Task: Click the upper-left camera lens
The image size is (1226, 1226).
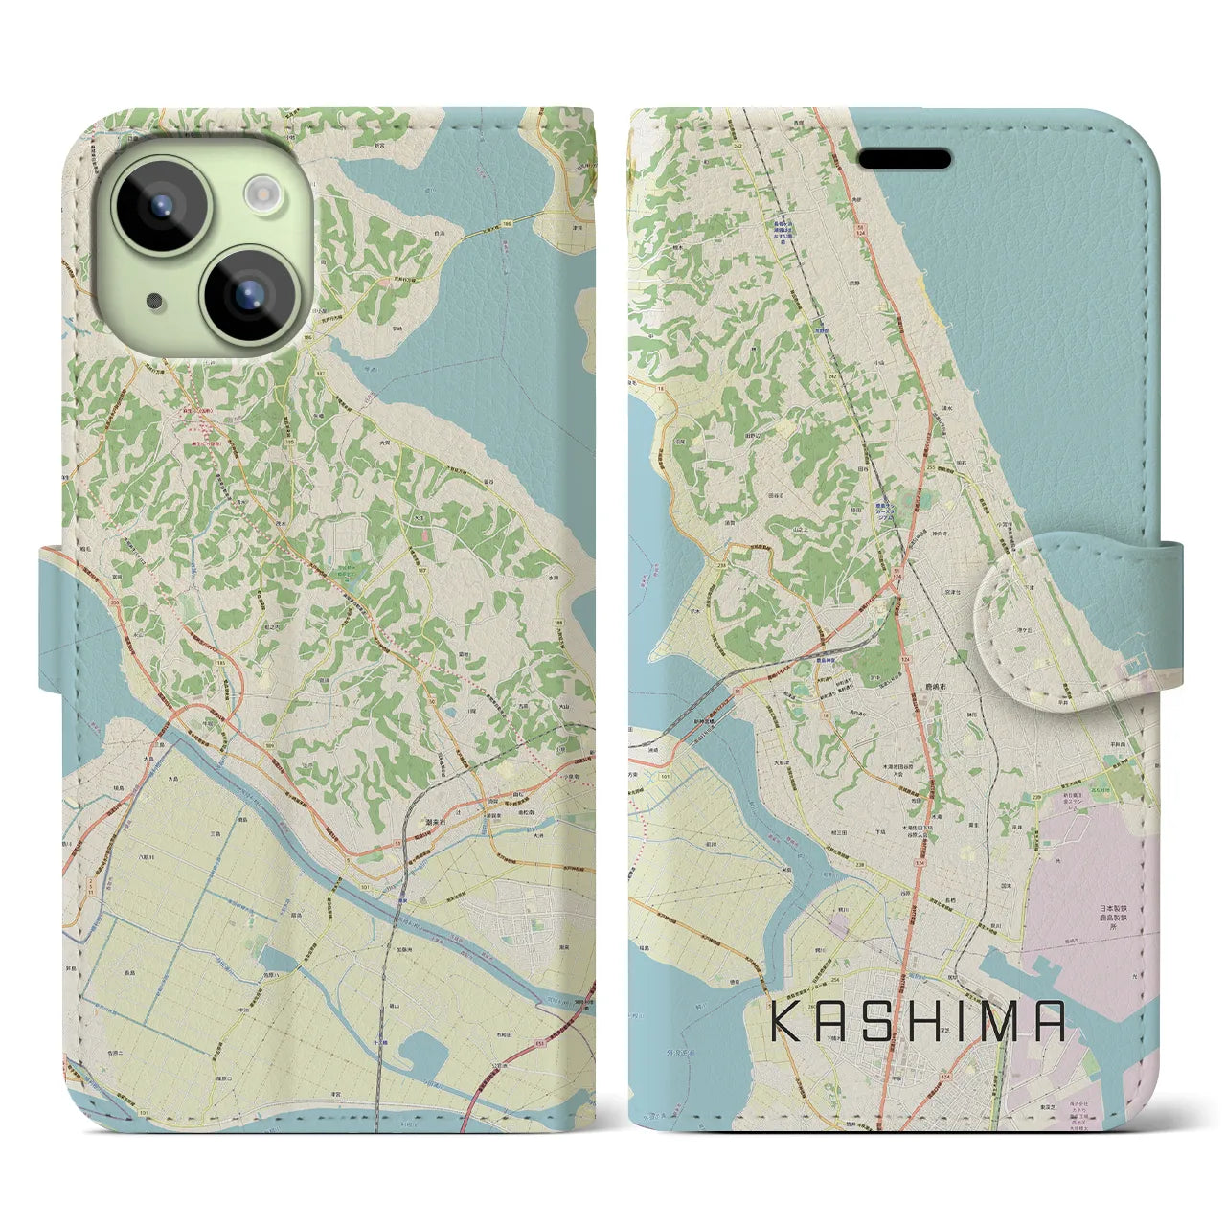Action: (x=161, y=204)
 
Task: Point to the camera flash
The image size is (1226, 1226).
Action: (x=261, y=193)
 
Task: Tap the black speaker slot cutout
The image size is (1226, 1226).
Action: (x=903, y=158)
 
